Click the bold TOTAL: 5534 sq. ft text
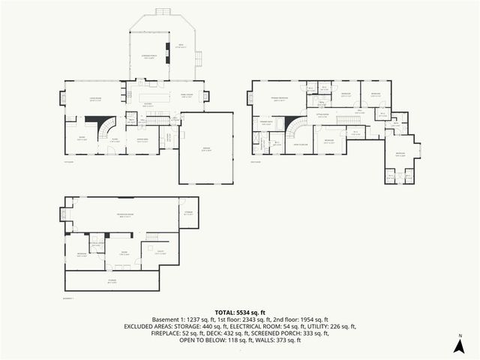(x=240, y=312)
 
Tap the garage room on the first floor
(x=205, y=148)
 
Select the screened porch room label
(x=149, y=57)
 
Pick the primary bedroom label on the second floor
(x=282, y=98)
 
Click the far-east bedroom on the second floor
(x=401, y=155)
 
